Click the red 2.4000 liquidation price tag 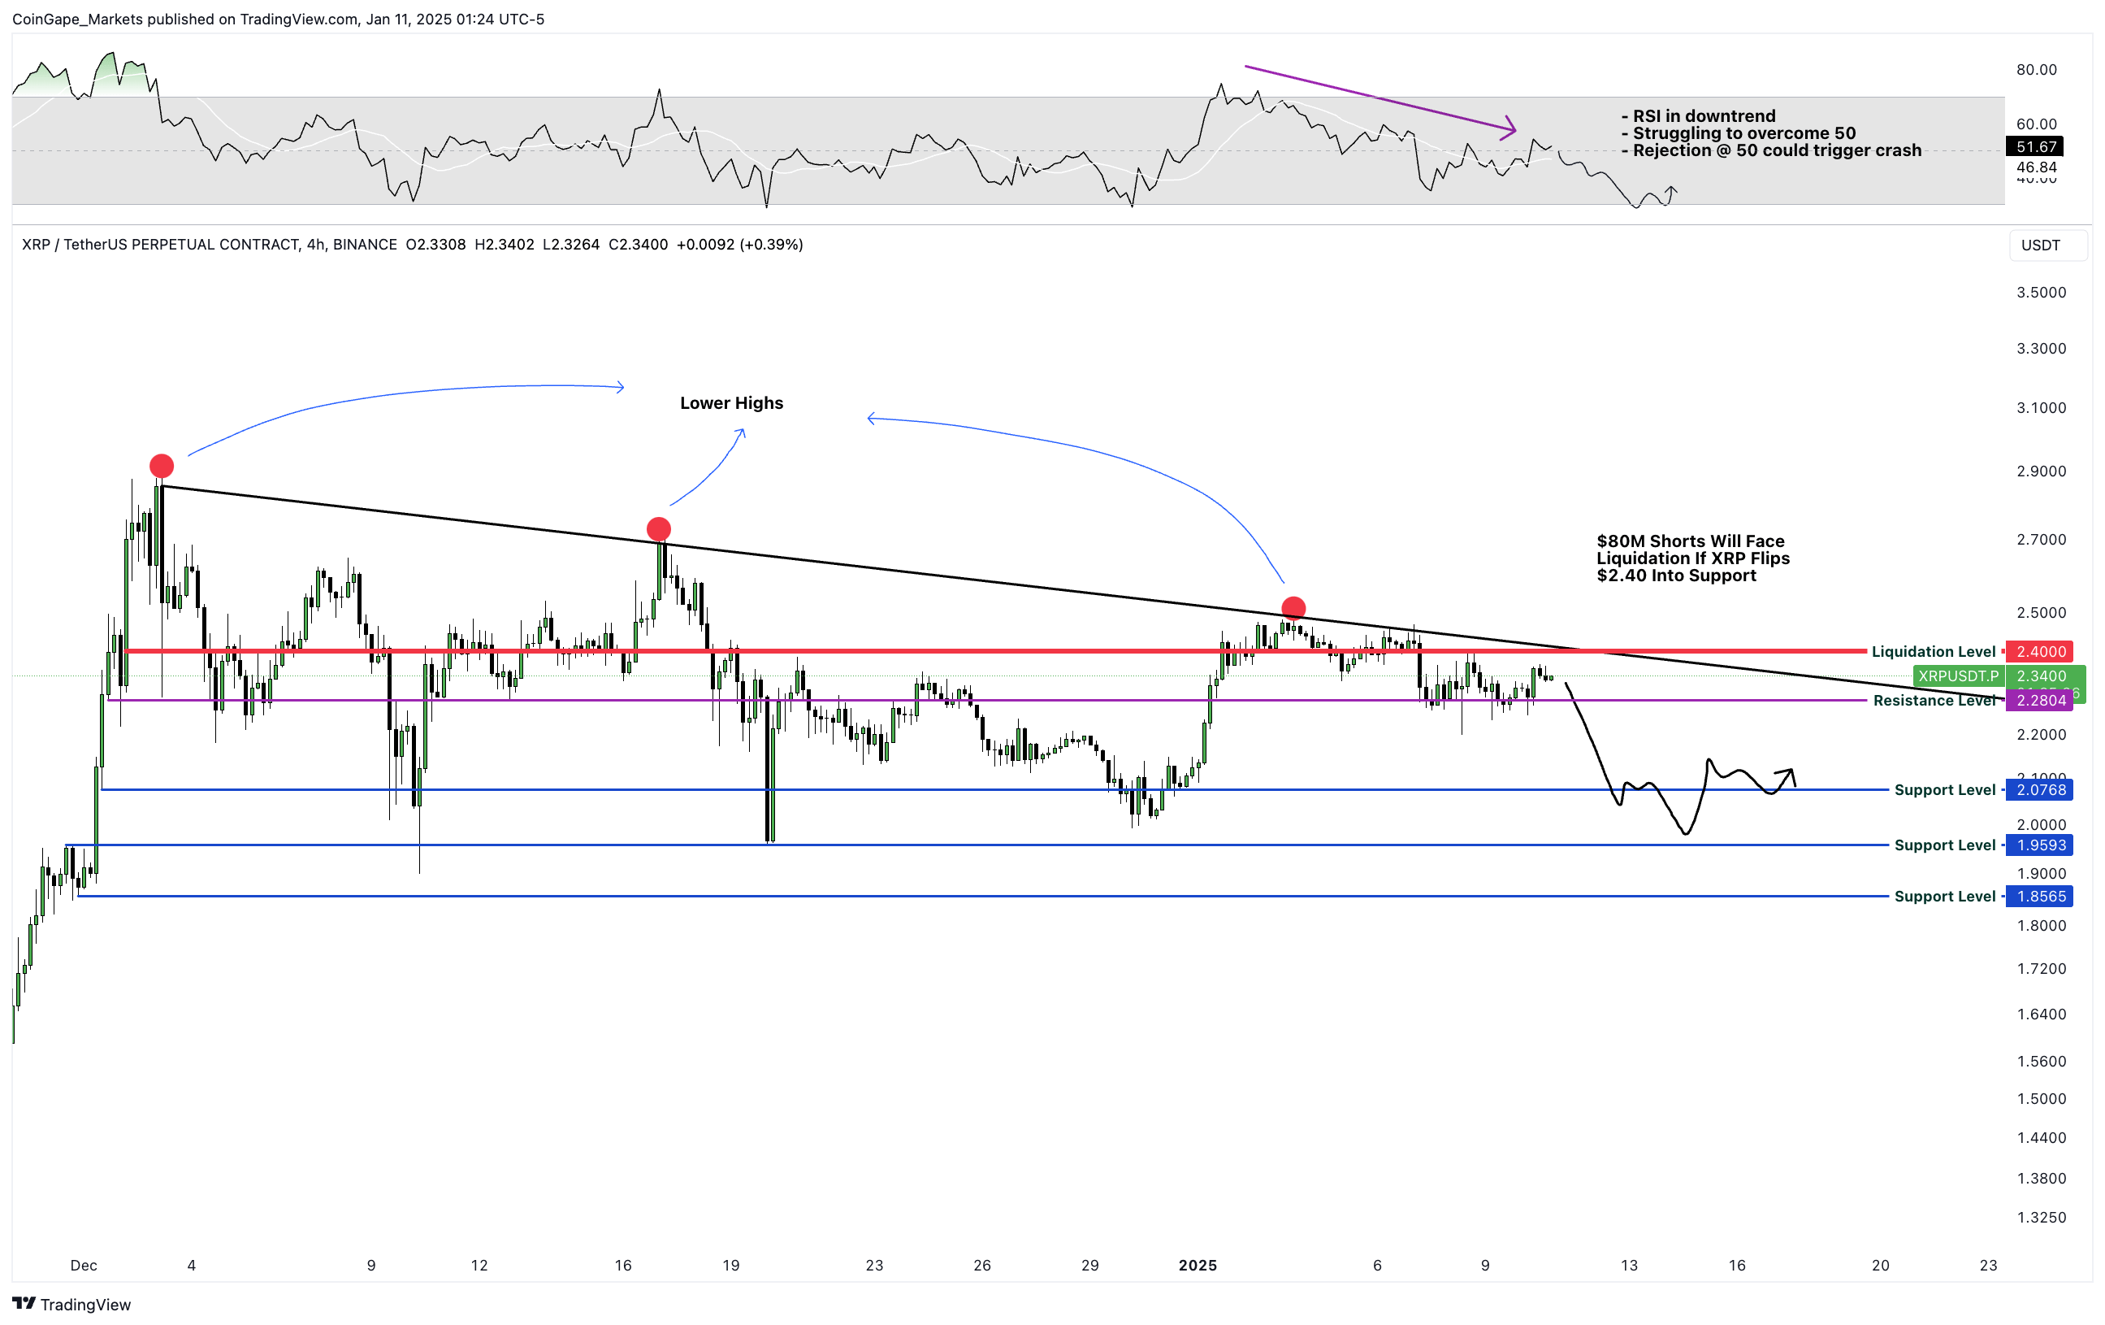pos(2040,652)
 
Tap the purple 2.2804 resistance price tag pos(2040,701)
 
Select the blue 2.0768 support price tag pos(2040,790)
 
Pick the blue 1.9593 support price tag pos(2040,845)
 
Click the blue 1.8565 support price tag pos(2040,897)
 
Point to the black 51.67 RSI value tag pos(2036,147)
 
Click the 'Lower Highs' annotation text pos(732,403)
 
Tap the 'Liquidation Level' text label pos(1933,652)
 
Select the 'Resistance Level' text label pos(1934,701)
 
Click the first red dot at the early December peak pos(162,465)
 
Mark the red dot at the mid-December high pos(658,528)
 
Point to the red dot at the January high pos(1293,607)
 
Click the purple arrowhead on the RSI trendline pos(1510,129)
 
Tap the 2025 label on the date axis pos(1197,1266)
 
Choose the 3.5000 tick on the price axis pos(2041,292)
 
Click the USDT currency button pos(2040,245)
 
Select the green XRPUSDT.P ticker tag pos(1958,676)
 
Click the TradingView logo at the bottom pos(72,1304)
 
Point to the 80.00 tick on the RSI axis pos(2036,70)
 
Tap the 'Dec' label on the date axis pos(84,1266)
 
